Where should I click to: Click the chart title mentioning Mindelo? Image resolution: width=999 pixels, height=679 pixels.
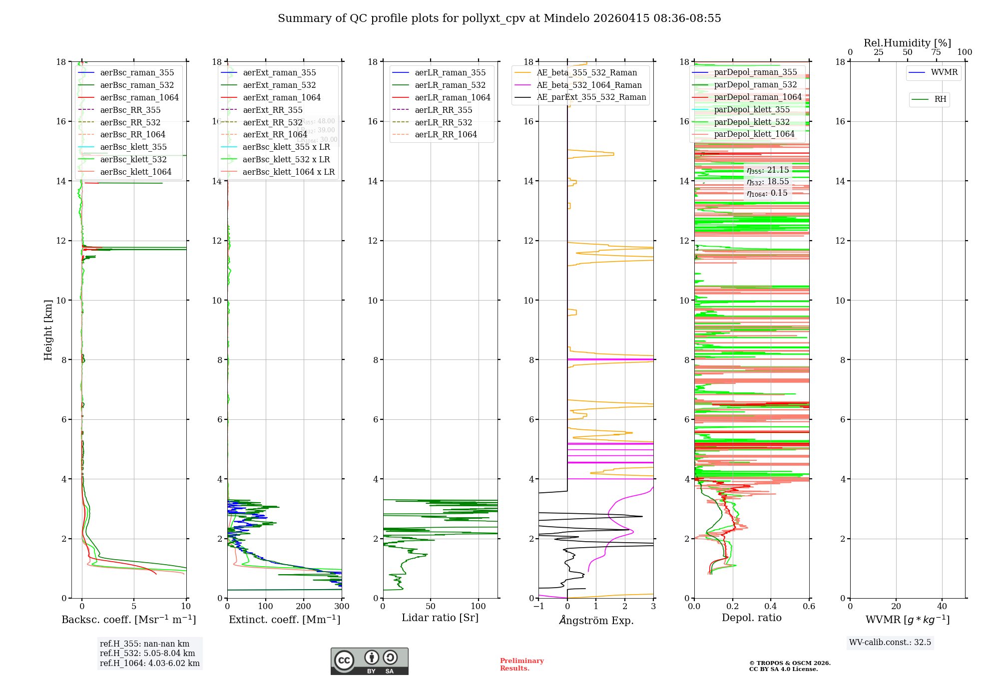499,18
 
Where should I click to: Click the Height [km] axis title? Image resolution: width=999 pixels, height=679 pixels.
48,330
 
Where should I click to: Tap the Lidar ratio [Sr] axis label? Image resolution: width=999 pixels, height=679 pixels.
440,618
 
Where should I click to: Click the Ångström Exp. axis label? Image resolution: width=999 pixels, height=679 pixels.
596,621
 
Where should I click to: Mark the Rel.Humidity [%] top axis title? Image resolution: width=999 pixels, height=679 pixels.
907,43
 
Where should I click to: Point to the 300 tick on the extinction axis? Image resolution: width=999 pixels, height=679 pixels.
342,607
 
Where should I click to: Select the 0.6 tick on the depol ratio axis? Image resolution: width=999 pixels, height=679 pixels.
809,607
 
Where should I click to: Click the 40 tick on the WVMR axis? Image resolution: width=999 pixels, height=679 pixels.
942,607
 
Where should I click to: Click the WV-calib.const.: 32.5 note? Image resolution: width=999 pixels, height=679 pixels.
890,643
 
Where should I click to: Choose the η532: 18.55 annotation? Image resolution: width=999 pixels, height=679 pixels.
768,182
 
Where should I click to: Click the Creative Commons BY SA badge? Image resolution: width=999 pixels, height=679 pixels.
369,662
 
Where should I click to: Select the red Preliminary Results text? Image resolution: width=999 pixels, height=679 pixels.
521,665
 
